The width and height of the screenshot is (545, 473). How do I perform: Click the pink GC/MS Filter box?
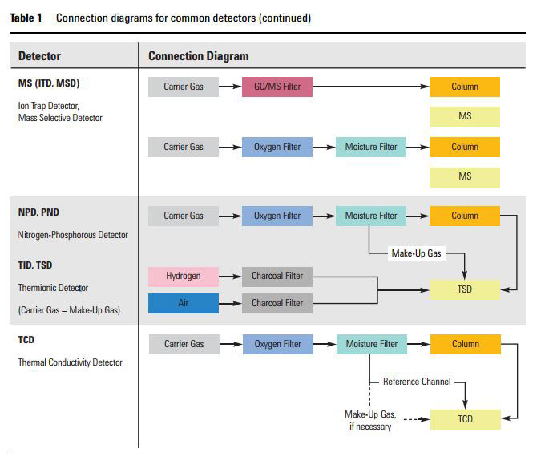coord(277,87)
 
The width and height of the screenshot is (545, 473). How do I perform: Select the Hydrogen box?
coord(184,276)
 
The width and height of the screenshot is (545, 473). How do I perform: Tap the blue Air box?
coord(184,303)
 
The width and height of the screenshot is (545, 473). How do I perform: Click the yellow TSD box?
coord(465,289)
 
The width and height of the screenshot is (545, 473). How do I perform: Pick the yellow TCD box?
coord(465,418)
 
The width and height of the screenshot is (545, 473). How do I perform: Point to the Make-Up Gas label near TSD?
coord(416,253)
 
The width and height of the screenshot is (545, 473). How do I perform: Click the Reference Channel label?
coord(417,382)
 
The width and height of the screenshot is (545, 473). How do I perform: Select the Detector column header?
coord(39,56)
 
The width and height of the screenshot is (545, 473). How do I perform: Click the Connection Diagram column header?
coord(199,56)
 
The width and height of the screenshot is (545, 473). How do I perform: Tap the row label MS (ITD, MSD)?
coord(49,83)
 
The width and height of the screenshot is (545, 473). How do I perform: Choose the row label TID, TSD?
coord(35,265)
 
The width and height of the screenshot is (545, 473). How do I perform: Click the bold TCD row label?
coord(26,340)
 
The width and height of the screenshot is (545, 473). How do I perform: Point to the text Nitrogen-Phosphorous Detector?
coord(73,235)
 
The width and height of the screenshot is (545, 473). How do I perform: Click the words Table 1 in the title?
coord(26,18)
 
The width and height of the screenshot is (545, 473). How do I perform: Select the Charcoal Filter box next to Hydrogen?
coord(277,276)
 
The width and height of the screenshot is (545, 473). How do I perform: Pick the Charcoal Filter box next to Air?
coord(277,303)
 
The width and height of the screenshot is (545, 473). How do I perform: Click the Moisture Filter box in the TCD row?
coord(371,344)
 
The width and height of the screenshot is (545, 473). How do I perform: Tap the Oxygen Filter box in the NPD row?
coord(277,216)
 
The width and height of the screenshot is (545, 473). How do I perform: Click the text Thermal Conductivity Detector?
coord(71,362)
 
